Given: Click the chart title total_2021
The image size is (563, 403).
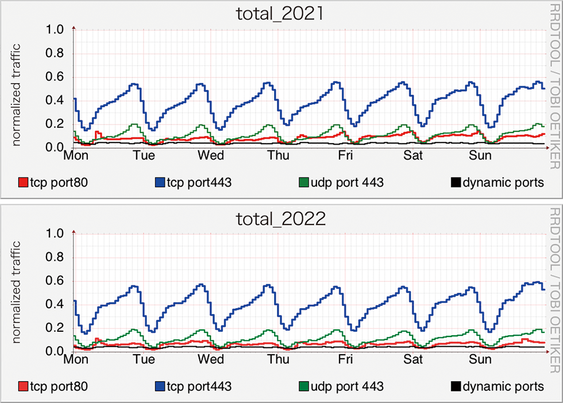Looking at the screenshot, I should (x=281, y=13).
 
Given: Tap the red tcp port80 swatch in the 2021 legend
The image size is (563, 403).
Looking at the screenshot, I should (x=24, y=183).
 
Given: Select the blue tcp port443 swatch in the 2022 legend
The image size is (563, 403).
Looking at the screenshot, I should (x=159, y=386).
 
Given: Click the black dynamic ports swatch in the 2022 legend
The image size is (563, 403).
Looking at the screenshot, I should (x=456, y=386).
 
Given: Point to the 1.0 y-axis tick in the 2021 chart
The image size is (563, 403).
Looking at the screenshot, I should (x=57, y=30).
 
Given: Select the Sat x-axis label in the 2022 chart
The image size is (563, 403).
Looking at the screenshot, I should (x=413, y=361).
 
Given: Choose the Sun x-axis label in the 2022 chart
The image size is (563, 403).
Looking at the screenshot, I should (x=480, y=361).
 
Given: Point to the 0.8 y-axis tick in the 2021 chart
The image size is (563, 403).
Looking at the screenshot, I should (x=57, y=54).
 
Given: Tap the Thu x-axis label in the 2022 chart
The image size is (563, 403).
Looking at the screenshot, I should (x=279, y=361).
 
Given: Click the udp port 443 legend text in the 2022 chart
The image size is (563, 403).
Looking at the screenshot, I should (x=347, y=386).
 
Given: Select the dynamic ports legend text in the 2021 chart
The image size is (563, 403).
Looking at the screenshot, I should (x=503, y=183).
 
